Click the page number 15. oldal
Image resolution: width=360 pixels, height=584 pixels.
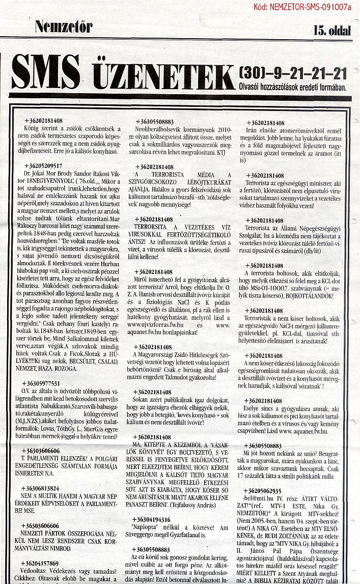333,31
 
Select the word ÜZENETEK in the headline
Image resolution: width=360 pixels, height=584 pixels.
156,75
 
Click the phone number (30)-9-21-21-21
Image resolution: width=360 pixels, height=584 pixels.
292,74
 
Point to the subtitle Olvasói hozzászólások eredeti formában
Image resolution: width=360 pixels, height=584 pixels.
292,87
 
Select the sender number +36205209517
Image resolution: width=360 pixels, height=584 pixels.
43,165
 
